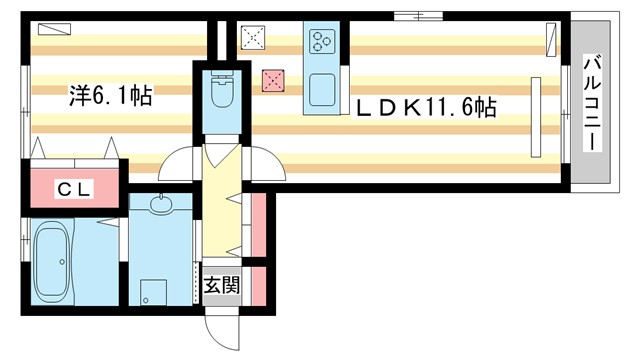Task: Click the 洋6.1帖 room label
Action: [x=110, y=96]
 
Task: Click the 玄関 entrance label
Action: [x=222, y=285]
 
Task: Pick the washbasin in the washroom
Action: [x=160, y=208]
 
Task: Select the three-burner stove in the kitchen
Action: [x=323, y=42]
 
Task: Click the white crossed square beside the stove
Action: [x=252, y=40]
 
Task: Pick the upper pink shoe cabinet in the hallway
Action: [x=258, y=222]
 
